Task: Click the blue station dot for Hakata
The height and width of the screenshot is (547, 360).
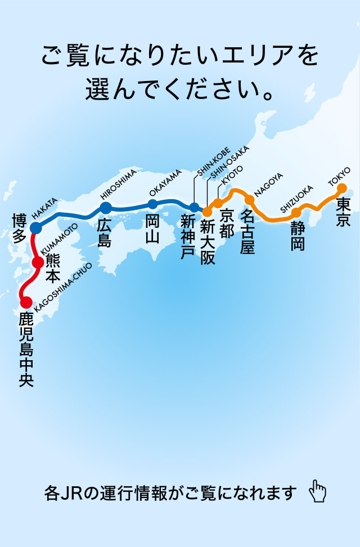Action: point(35,227)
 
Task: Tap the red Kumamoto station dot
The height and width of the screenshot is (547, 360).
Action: point(38,262)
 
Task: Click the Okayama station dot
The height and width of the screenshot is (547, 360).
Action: point(152,204)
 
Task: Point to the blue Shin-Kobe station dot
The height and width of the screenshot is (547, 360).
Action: point(194,207)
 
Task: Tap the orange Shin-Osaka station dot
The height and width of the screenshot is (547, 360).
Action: point(207,212)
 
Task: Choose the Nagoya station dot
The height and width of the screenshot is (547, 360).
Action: point(250,200)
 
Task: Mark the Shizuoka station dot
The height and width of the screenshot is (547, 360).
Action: point(296,213)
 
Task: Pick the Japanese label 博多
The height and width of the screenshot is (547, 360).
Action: point(20,228)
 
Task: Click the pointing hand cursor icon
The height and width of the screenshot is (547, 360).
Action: point(318,491)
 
